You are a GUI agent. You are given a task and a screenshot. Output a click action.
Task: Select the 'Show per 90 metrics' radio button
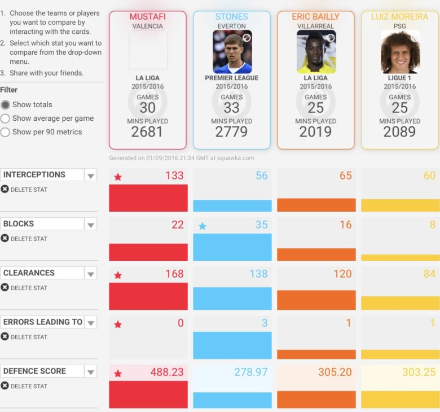coord(6,132)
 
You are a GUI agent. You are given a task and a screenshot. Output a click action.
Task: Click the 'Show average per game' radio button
coord(6,119)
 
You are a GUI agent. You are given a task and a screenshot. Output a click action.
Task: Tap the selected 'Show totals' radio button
coord(6,105)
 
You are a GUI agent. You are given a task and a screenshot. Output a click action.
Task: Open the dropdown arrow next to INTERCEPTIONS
coord(90,176)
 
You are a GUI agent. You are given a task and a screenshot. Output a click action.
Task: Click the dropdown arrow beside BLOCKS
coord(90,225)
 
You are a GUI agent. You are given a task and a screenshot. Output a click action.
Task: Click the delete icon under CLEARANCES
coord(5,287)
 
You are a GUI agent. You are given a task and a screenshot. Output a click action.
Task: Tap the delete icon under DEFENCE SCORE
coord(5,385)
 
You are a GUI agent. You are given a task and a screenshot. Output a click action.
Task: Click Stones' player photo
coord(232,52)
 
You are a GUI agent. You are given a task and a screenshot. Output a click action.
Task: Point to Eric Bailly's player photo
coord(316,52)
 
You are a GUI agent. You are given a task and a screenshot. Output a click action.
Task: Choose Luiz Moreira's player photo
coord(400,52)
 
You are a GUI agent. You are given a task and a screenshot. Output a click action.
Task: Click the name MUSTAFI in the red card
coord(147,17)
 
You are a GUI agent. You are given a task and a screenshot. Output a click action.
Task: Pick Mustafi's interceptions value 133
coord(174,176)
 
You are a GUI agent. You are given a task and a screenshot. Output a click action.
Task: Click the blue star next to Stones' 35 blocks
coord(203,226)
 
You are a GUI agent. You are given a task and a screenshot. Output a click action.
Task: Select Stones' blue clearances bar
coord(232,299)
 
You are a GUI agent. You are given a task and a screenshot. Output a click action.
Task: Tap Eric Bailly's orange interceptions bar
coord(316,205)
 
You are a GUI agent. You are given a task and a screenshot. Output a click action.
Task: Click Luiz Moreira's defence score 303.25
coord(419,372)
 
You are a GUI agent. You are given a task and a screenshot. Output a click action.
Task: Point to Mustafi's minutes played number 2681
coord(147,132)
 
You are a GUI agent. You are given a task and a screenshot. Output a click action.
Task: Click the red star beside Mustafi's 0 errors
coord(118,325)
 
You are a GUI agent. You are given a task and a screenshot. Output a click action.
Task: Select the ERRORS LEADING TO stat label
coord(42,322)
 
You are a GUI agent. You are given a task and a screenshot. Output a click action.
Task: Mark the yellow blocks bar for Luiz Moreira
coord(400,257)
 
